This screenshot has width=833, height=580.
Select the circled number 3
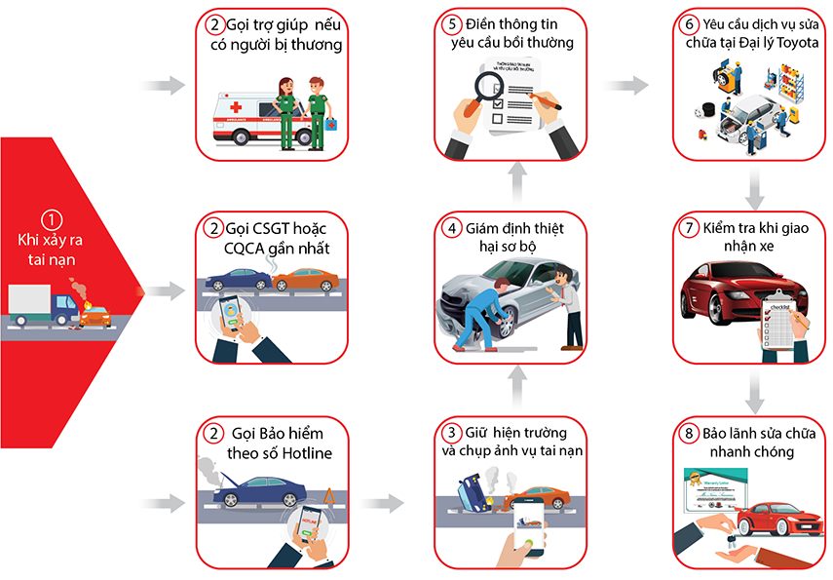tap(449, 432)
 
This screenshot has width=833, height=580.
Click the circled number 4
tap(449, 227)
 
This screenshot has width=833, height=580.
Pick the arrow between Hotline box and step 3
tap(382, 503)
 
